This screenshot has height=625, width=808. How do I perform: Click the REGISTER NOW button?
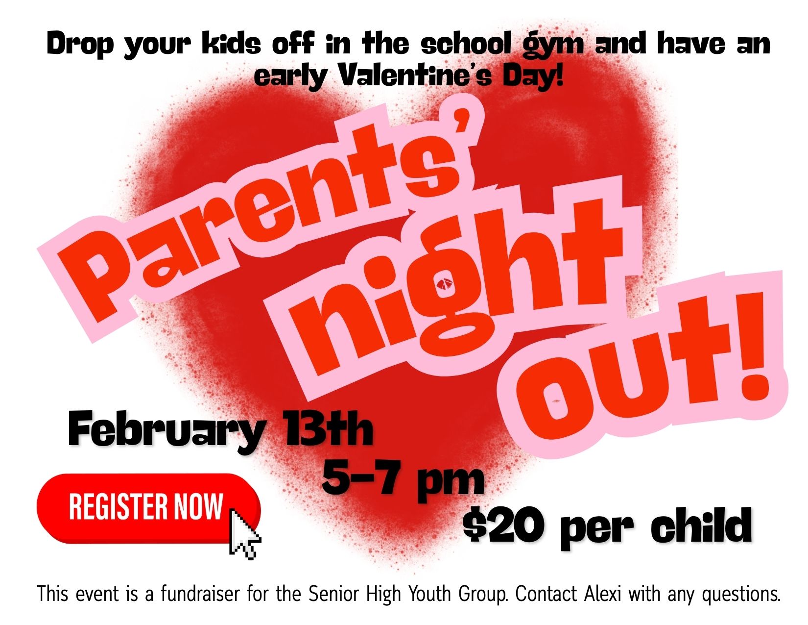point(148,508)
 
